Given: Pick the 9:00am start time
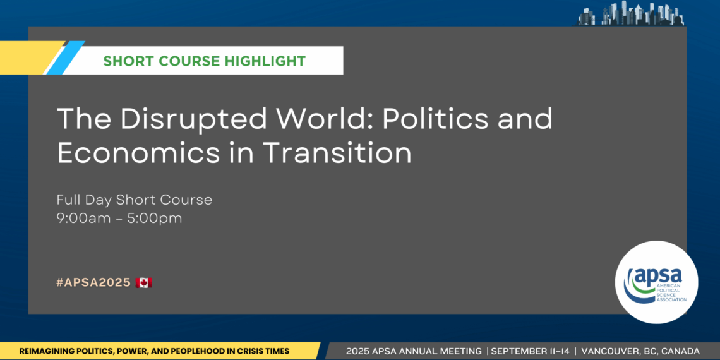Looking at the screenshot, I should [80, 219].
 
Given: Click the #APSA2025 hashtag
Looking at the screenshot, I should [93, 282].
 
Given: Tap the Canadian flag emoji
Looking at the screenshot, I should [144, 282].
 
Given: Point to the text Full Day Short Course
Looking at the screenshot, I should [134, 200].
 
